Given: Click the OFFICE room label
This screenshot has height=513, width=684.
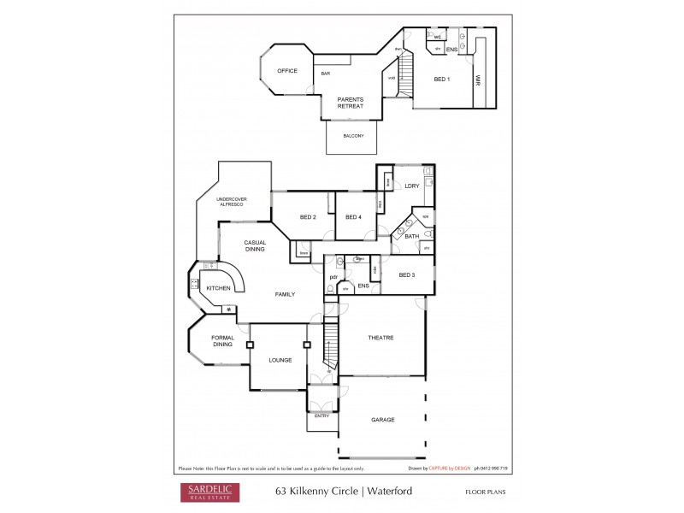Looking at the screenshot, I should pos(286,71).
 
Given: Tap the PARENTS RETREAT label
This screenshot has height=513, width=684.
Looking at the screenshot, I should pos(350,103).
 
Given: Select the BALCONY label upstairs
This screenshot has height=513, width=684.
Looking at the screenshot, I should pos(354,136).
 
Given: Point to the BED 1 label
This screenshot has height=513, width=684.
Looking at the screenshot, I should pos(442,80).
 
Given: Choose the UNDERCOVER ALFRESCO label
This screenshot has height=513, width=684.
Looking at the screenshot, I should pos(230,203).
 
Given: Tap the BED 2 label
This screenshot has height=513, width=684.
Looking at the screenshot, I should pos(309,217).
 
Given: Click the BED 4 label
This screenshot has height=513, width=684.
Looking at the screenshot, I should pos(353,217).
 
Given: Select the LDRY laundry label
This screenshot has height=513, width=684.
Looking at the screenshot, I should pos(411,186).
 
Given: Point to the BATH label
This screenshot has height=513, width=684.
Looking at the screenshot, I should pos(411,236).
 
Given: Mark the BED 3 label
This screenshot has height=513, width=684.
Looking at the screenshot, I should pos(407,274).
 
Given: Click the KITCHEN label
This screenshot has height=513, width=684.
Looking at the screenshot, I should pos(219,288).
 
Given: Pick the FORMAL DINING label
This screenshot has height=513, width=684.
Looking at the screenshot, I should pos(223,340).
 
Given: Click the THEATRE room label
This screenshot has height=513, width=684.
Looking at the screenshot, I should pos(380,338).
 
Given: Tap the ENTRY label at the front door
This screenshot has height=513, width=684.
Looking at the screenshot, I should pos(321,416).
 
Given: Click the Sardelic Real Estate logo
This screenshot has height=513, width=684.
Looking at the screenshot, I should pos(209,492).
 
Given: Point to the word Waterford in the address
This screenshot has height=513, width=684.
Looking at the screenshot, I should pos(390,492).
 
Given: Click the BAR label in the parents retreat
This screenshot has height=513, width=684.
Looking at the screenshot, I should pos(326,74).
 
